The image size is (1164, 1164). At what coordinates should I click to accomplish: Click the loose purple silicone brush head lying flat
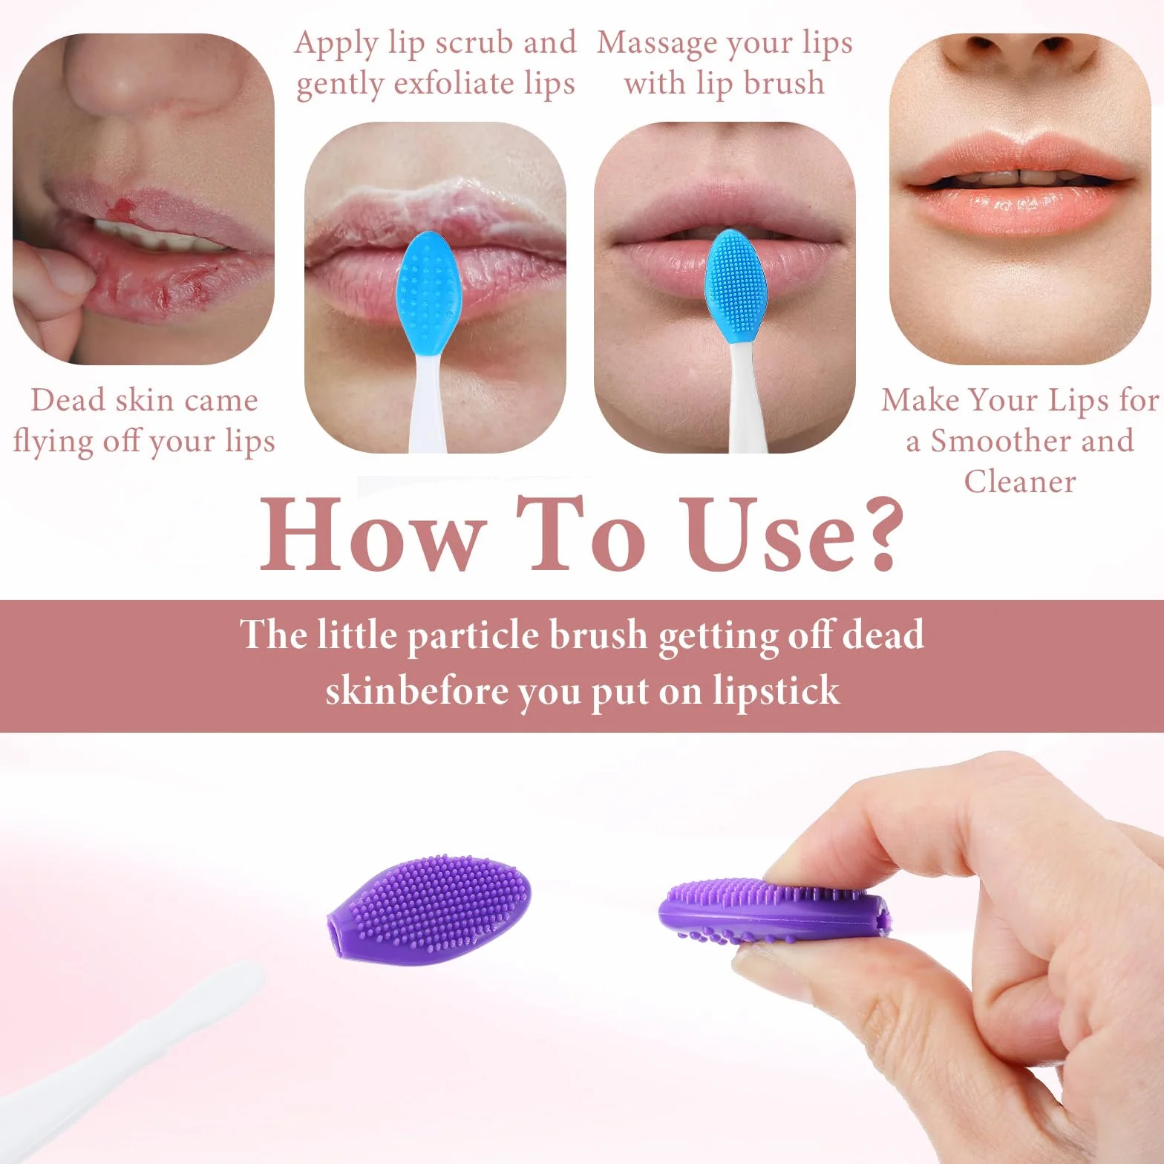(429, 909)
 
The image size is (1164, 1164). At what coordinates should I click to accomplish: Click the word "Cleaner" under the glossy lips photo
(1020, 482)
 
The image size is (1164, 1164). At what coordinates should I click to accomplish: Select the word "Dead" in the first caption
(68, 400)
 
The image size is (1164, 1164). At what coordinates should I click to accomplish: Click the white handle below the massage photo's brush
(740, 393)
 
